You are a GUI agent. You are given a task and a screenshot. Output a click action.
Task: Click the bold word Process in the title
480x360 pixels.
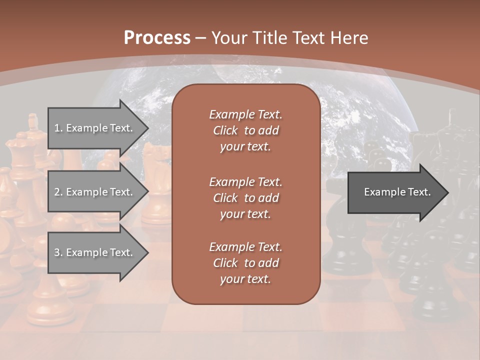157,38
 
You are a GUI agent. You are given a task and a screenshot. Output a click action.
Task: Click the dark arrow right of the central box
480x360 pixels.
395,192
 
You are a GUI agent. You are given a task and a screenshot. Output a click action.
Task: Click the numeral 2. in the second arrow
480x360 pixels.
58,192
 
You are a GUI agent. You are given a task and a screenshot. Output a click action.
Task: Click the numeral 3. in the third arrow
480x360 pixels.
58,252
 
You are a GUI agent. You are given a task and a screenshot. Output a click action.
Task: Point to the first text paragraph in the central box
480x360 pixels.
245,130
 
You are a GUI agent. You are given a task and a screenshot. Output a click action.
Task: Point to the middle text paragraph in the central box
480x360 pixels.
245,198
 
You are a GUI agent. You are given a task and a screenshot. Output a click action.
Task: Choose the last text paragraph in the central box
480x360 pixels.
245,263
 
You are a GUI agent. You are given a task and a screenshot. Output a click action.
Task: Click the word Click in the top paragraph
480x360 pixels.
225,130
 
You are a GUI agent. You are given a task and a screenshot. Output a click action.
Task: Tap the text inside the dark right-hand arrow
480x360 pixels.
397,192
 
